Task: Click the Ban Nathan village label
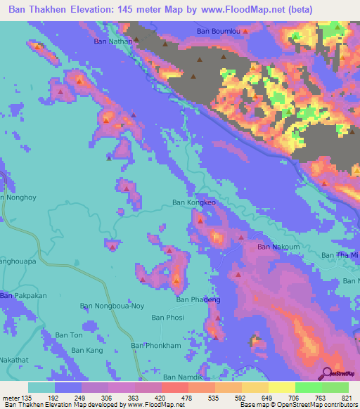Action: (113, 41)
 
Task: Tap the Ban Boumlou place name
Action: (221, 31)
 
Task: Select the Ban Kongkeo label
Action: (193, 203)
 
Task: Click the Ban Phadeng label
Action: (198, 299)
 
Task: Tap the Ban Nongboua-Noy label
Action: (112, 306)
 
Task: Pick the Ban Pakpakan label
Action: (23, 296)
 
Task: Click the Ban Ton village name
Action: (69, 335)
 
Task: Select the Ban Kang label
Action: (86, 350)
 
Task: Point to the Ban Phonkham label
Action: (156, 346)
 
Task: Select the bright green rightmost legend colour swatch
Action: (335, 387)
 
